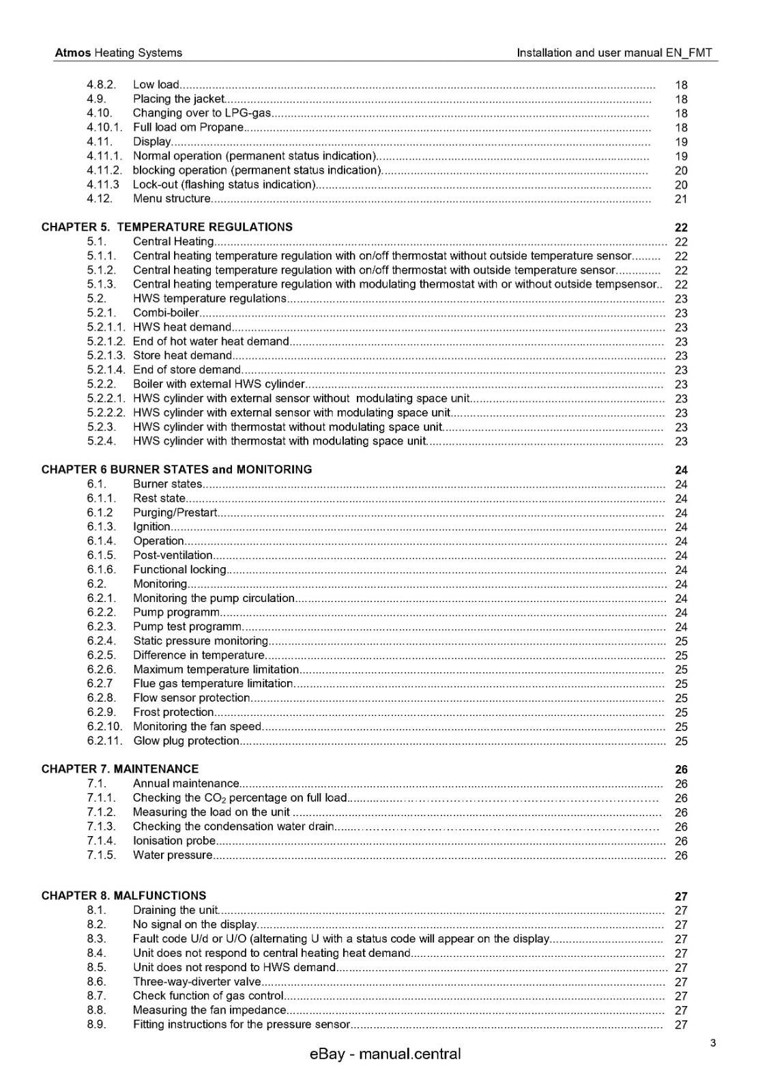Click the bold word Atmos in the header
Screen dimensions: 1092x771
pyautogui.click(x=72, y=53)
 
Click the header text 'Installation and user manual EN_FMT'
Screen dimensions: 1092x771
pyautogui.click(x=614, y=53)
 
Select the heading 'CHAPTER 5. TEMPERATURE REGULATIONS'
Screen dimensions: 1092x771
pyautogui.click(x=167, y=227)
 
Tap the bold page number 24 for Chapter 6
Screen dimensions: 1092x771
pyautogui.click(x=681, y=470)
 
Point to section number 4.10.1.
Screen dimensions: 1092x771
pyautogui.click(x=104, y=127)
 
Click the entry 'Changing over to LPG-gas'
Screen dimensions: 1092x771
pyautogui.click(x=202, y=113)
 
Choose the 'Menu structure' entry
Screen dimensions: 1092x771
pyautogui.click(x=172, y=199)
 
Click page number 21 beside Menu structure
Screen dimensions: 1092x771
pyautogui.click(x=681, y=199)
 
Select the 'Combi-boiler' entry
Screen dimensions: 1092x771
pyautogui.click(x=166, y=313)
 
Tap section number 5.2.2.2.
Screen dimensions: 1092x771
pyautogui.click(x=106, y=412)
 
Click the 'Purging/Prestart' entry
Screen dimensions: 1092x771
pyautogui.click(x=175, y=513)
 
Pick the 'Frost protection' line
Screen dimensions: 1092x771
pyautogui.click(x=173, y=712)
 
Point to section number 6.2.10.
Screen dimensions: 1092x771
pyautogui.click(x=104, y=726)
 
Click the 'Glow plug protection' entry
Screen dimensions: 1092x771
pyautogui.click(x=186, y=741)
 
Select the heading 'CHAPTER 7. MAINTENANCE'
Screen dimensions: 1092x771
pyautogui.click(x=120, y=768)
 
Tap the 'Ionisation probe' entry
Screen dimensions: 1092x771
pyautogui.click(x=174, y=841)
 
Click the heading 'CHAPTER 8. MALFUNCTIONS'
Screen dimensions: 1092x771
pyautogui.click(x=123, y=895)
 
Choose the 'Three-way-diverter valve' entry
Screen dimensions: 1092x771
pyautogui.click(x=197, y=981)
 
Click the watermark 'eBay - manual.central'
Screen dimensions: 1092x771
pyautogui.click(x=385, y=1054)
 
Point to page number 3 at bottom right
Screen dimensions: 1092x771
pyautogui.click(x=712, y=1043)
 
